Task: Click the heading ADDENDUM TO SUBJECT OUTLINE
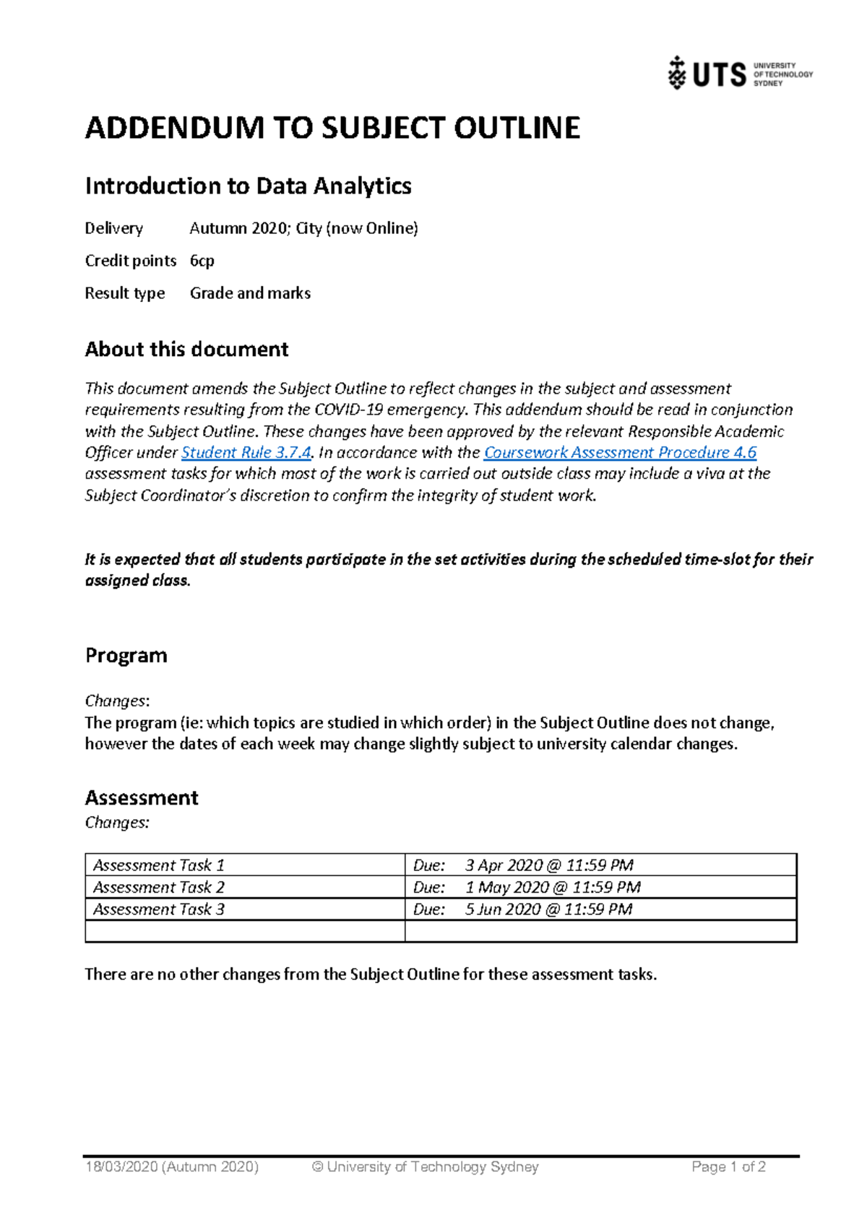332,128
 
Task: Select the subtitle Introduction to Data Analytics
248,186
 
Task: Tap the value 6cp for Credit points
202,261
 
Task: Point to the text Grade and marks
250,293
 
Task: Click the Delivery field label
113,228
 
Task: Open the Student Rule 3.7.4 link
246,453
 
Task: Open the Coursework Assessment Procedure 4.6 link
619,453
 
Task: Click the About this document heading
186,350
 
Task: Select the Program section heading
126,655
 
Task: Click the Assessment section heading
142,797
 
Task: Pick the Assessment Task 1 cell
159,865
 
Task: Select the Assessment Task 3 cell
159,909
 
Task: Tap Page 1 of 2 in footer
728,1166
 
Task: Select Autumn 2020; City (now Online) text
303,228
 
